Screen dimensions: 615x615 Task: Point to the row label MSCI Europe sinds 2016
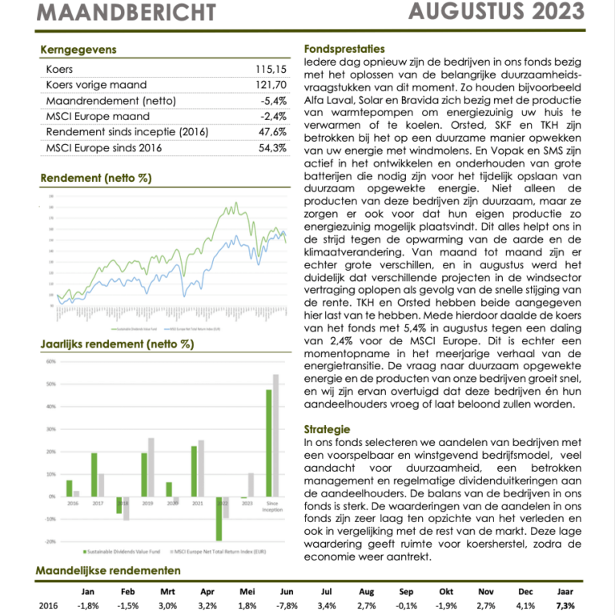click(104, 148)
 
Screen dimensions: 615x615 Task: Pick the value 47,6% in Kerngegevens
click(272, 132)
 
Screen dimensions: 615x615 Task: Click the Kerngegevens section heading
click(78, 50)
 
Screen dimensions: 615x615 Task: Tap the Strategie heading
click(328, 429)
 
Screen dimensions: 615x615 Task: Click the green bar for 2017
click(94, 474)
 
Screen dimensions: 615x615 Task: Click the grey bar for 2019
click(151, 467)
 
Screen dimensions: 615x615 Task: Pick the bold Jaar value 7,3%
click(565, 606)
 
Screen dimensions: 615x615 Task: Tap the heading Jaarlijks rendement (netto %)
click(117, 344)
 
